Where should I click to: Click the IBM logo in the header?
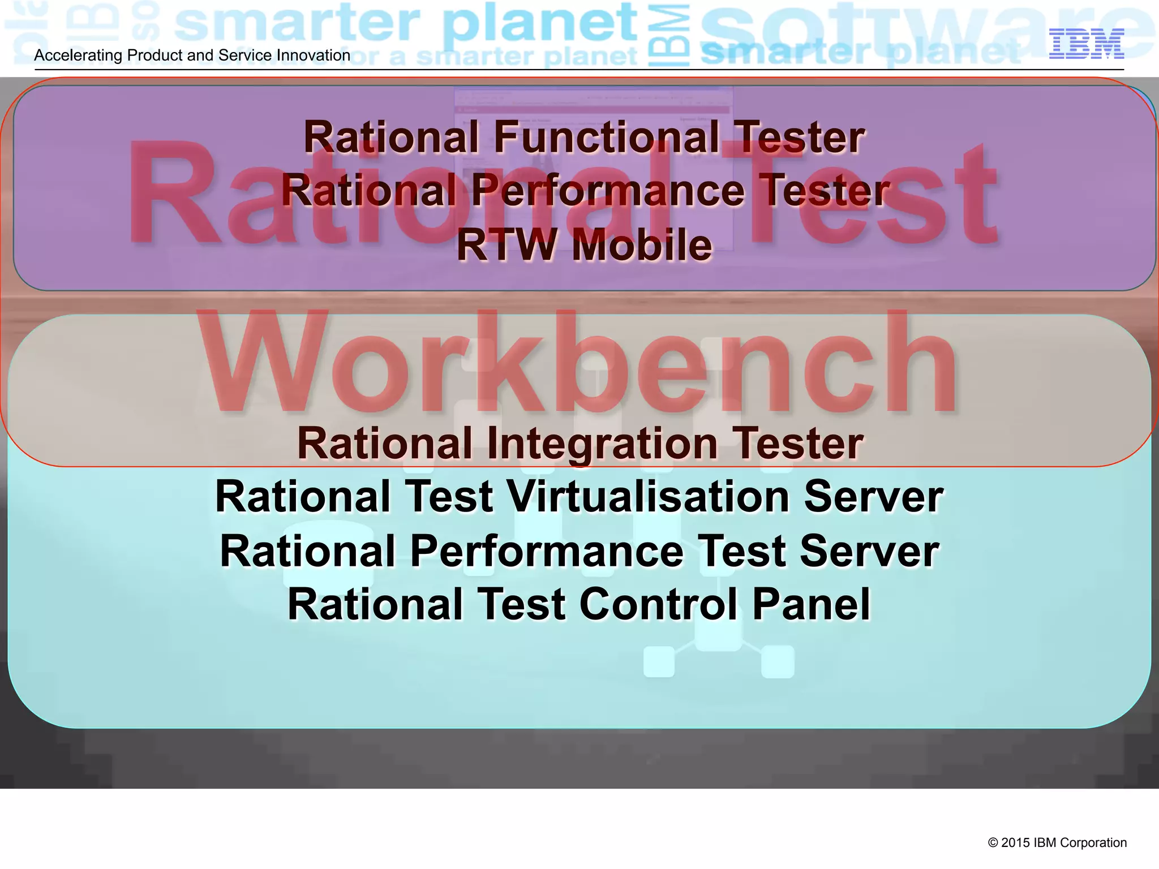coord(1086,44)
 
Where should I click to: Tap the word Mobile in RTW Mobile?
coord(642,246)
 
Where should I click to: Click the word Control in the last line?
coord(659,605)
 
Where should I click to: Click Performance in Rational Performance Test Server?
coord(547,552)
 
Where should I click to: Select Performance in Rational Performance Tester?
coord(608,191)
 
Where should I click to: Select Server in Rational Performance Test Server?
coord(869,552)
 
